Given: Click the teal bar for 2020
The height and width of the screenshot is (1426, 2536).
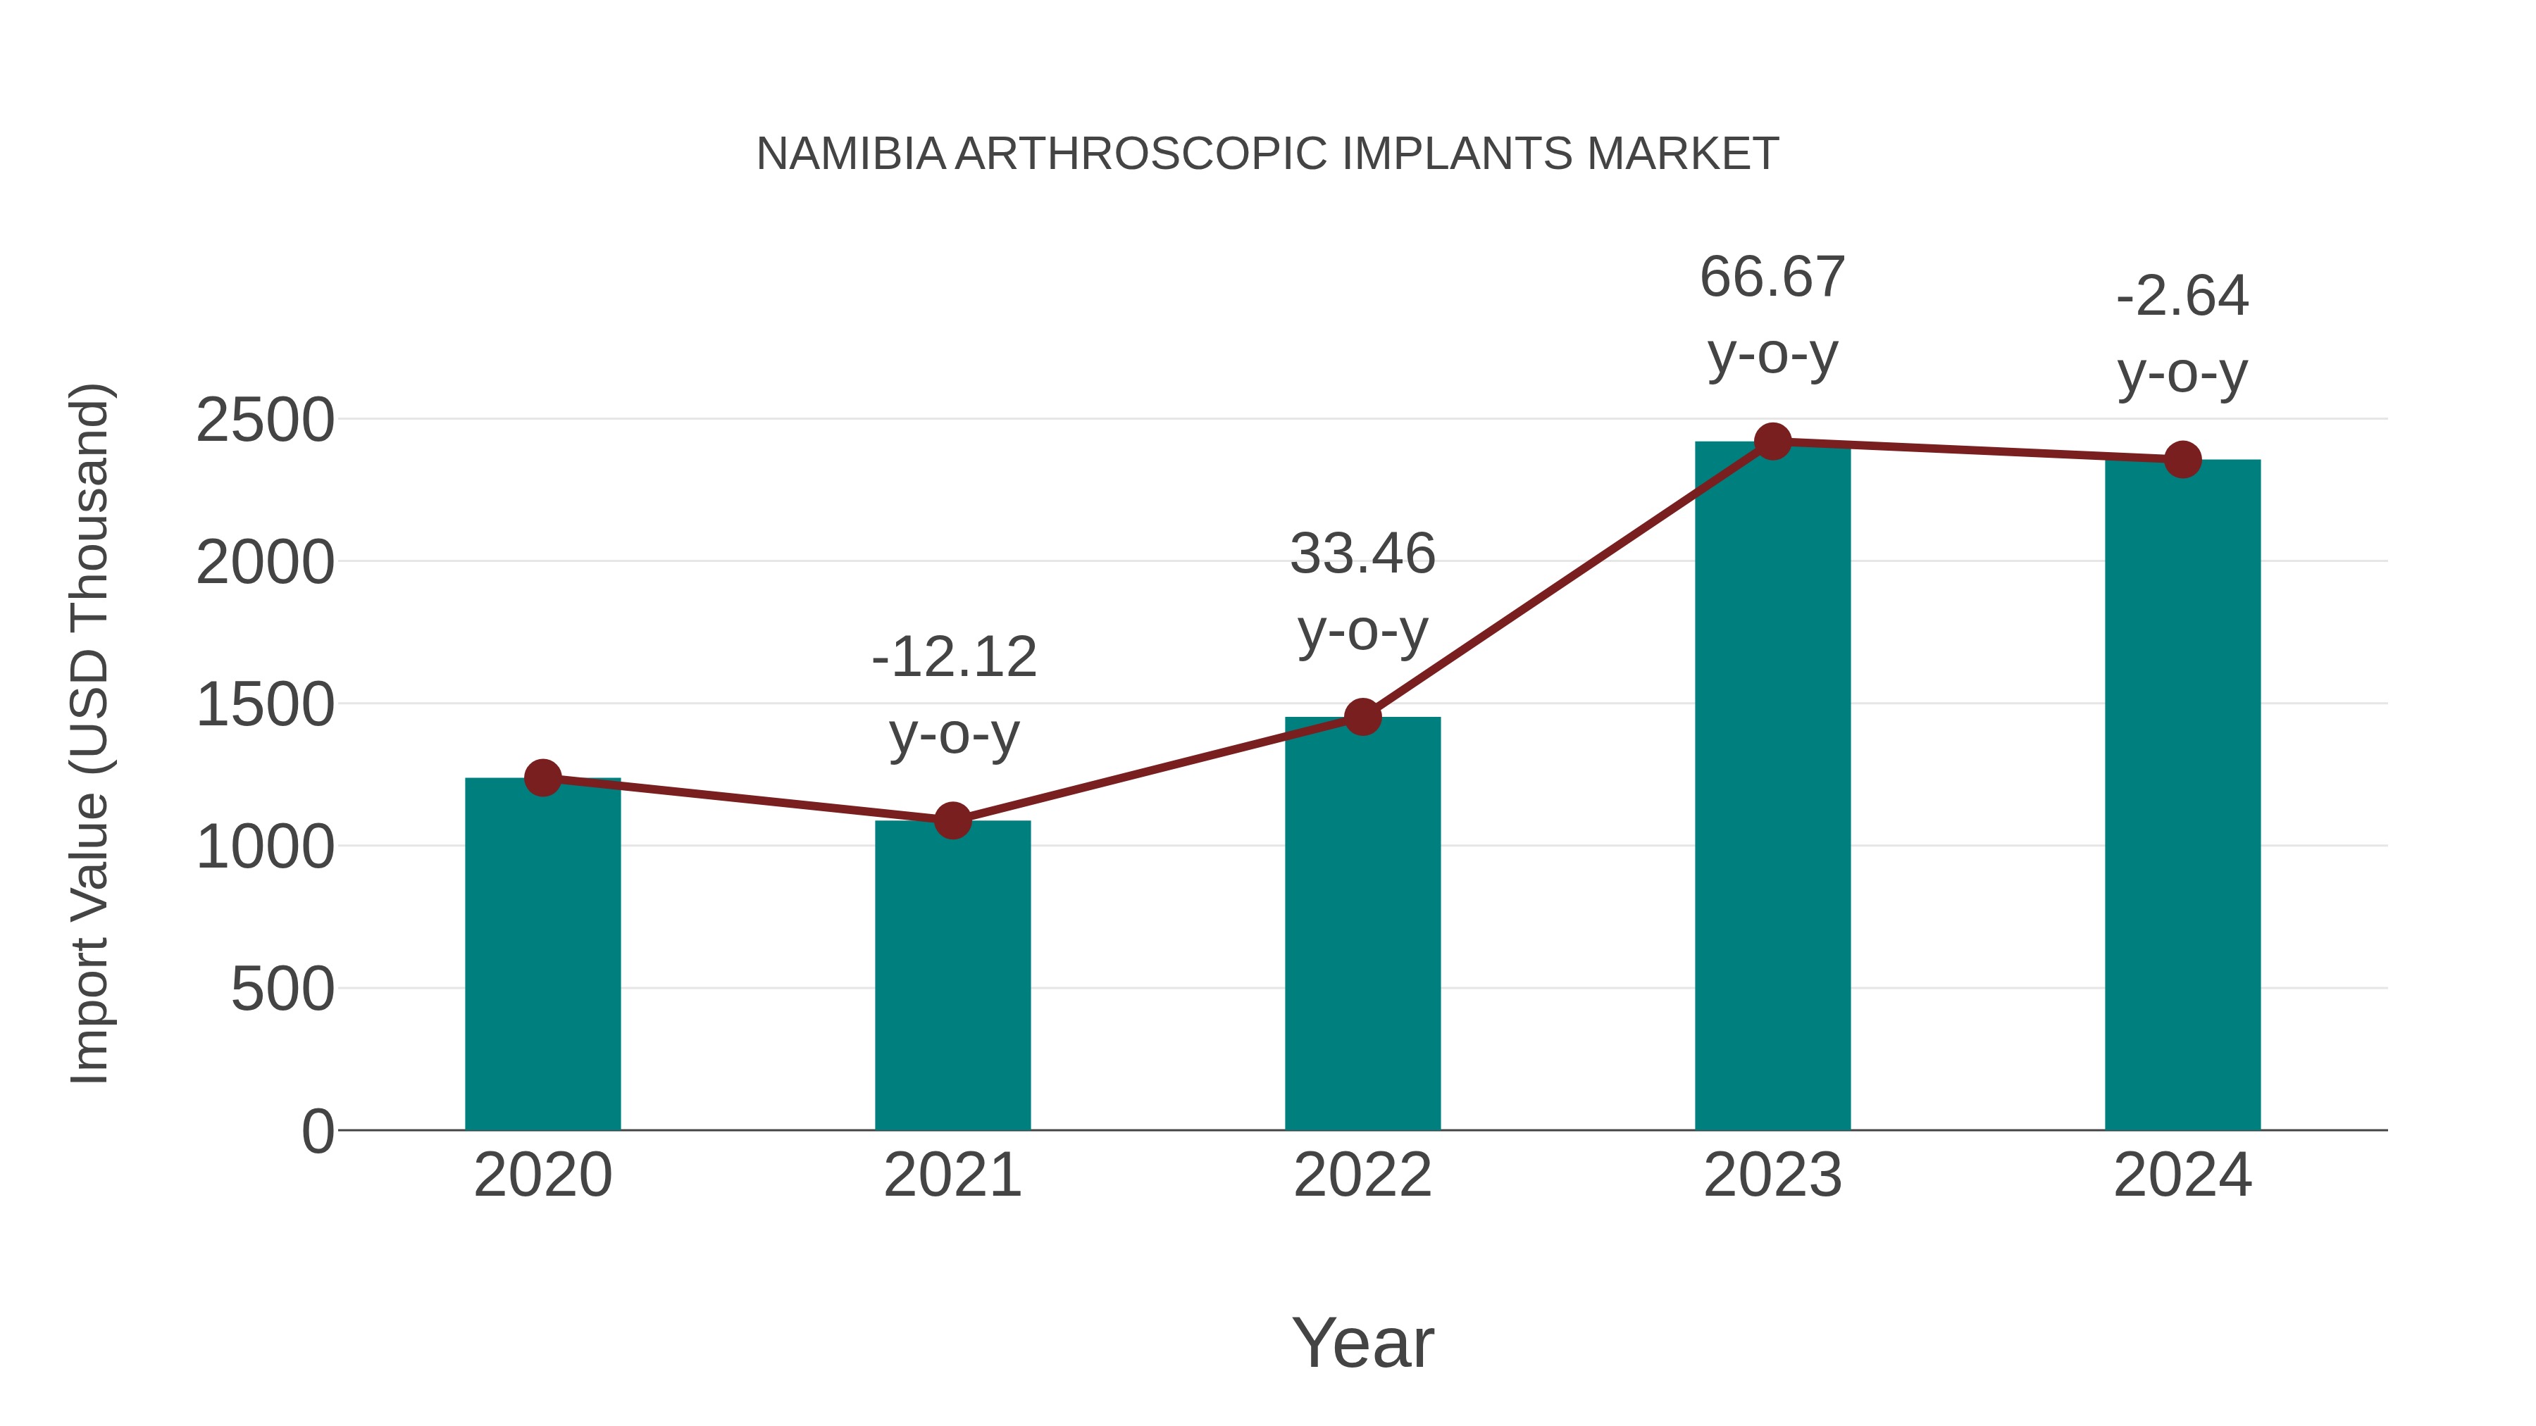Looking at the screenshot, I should (542, 955).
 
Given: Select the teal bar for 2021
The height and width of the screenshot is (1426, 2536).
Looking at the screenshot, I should (952, 975).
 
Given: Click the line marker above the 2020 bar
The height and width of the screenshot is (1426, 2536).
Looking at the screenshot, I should (542, 777).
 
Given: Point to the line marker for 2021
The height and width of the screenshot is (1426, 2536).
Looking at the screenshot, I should (952, 820).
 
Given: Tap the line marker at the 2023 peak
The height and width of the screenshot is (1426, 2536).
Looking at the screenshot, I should (1772, 442).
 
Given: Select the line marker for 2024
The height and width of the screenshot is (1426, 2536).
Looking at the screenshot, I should (2182, 458).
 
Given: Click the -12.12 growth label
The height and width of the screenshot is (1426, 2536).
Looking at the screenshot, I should (954, 658).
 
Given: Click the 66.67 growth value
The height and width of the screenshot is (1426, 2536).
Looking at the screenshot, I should (1772, 277).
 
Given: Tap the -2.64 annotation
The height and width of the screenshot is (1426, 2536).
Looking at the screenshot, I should (2182, 296).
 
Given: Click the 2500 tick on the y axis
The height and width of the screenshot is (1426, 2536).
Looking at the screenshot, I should (265, 421).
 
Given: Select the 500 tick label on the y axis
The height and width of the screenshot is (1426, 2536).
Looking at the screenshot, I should (282, 989).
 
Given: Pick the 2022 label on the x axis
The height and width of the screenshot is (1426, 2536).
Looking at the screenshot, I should (1362, 1175).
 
